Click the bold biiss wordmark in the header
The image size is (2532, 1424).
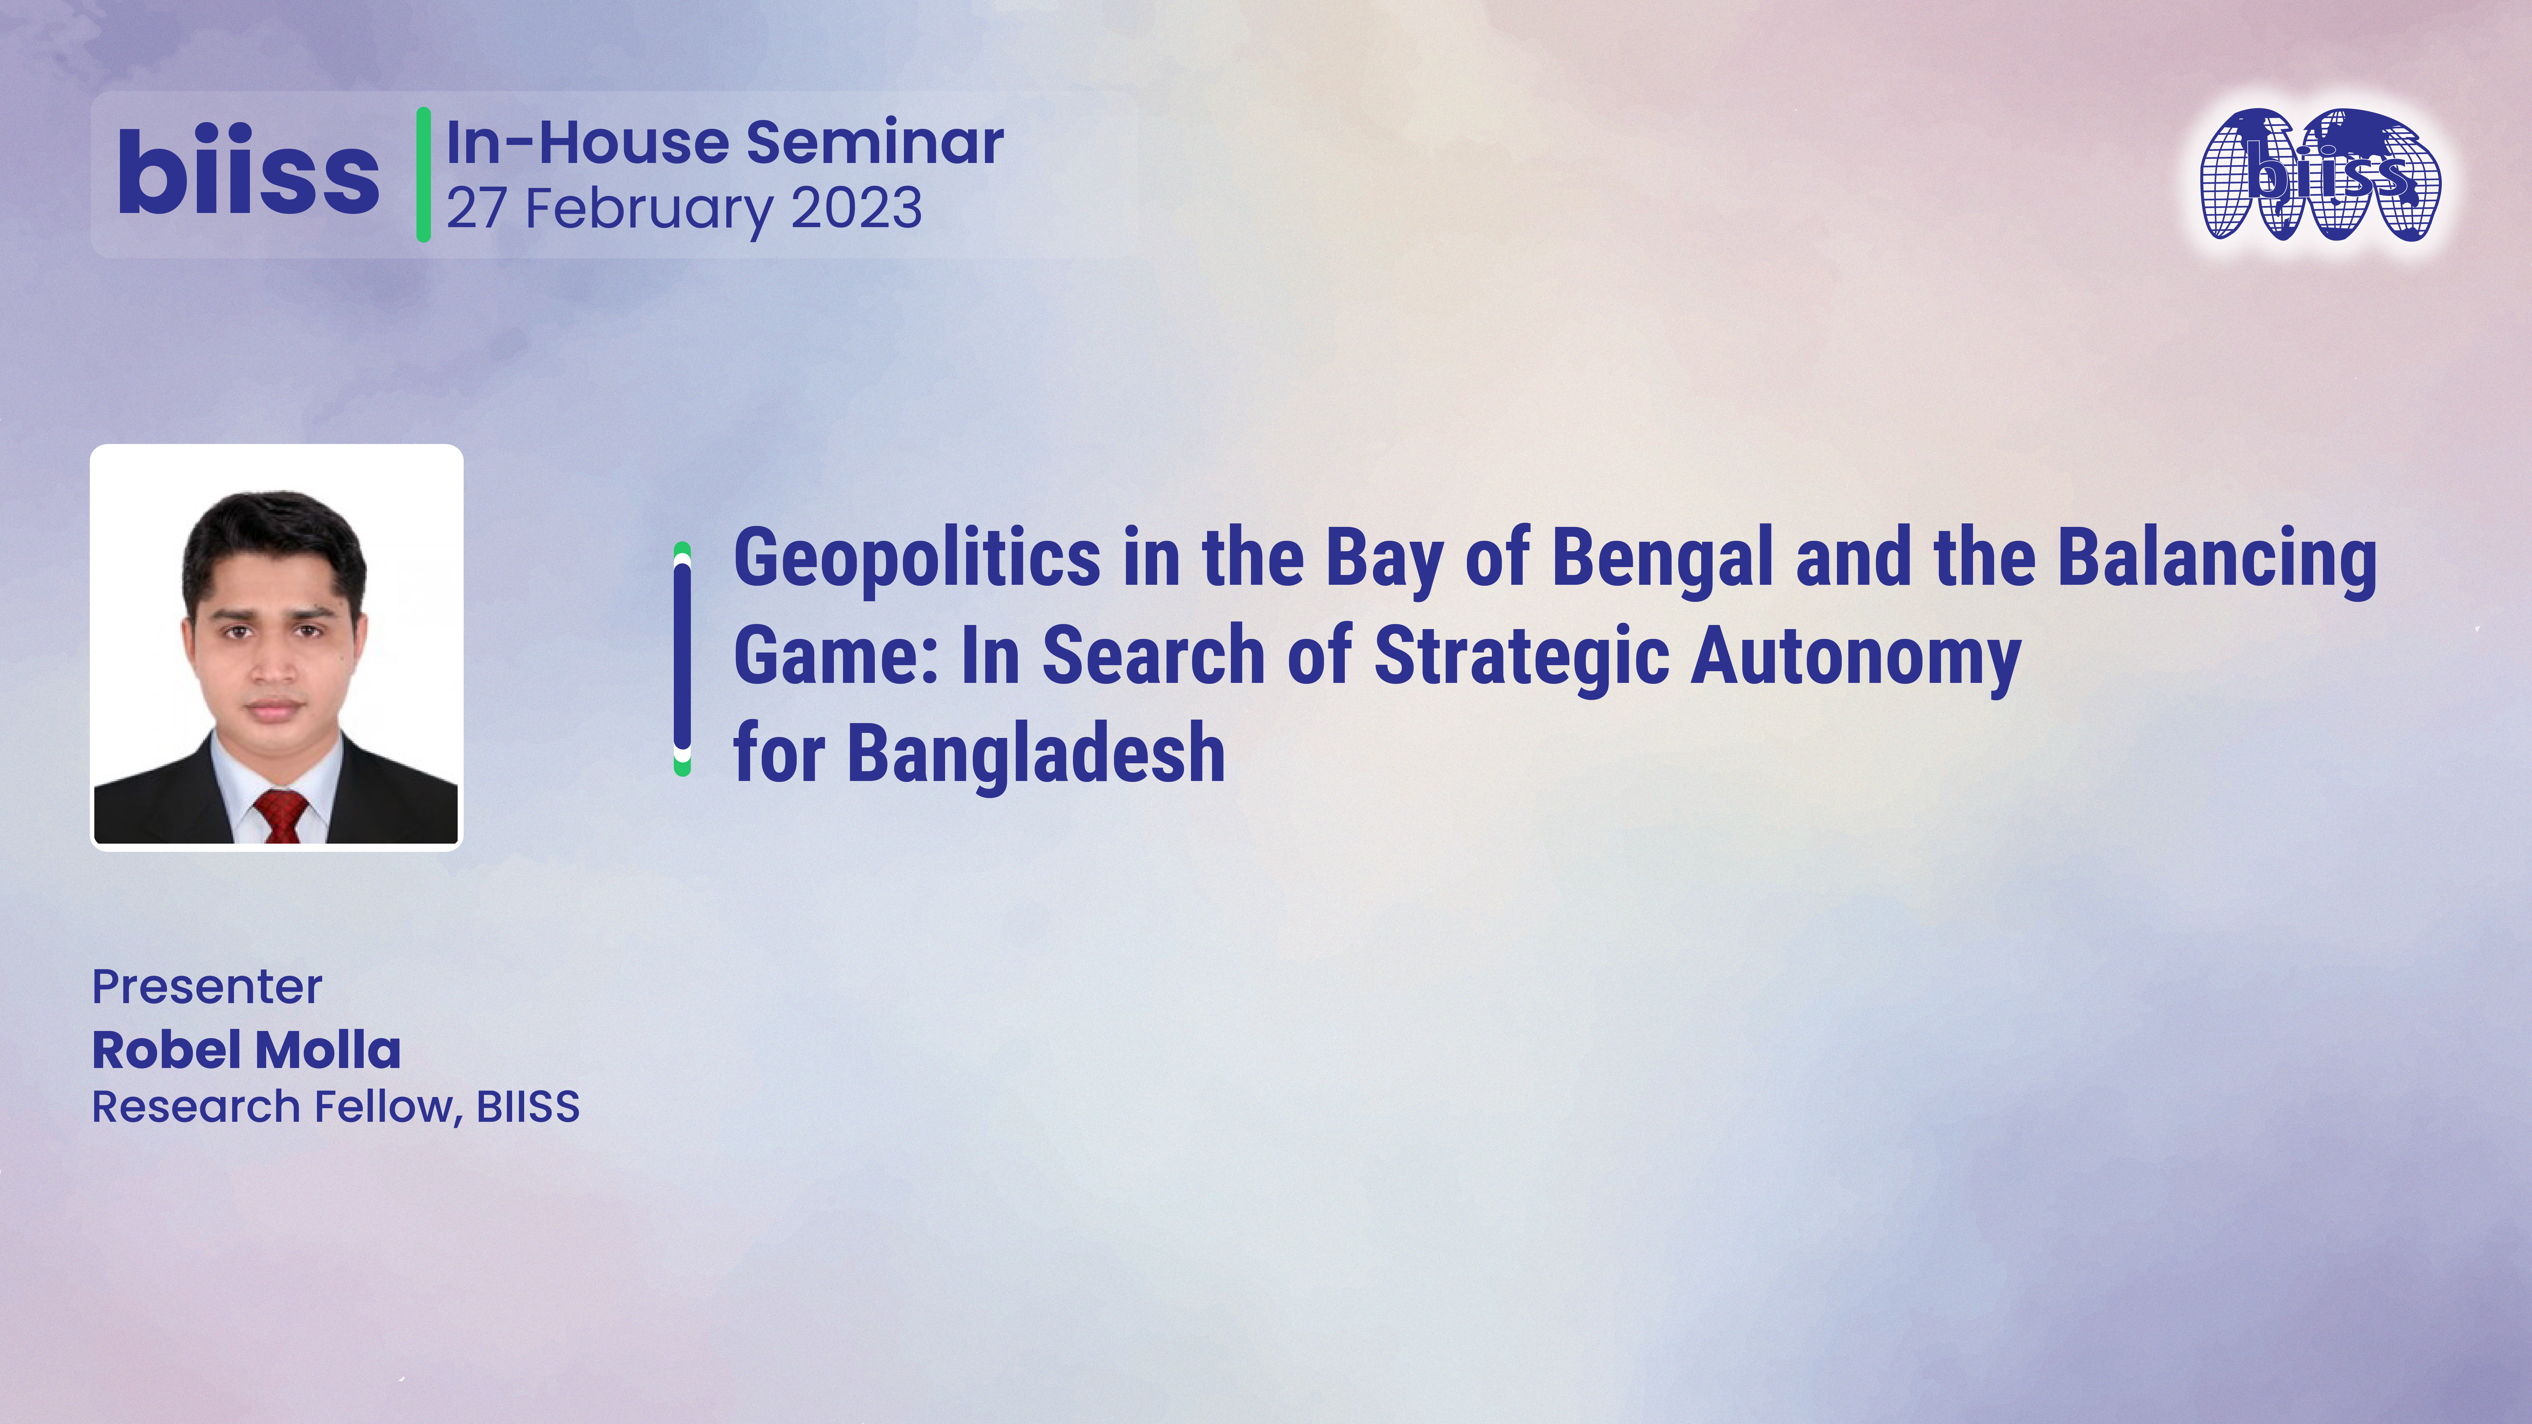tap(248, 174)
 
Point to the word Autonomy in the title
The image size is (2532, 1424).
tap(1855, 657)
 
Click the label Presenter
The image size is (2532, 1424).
tap(206, 987)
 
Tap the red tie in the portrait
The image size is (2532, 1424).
tap(281, 816)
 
